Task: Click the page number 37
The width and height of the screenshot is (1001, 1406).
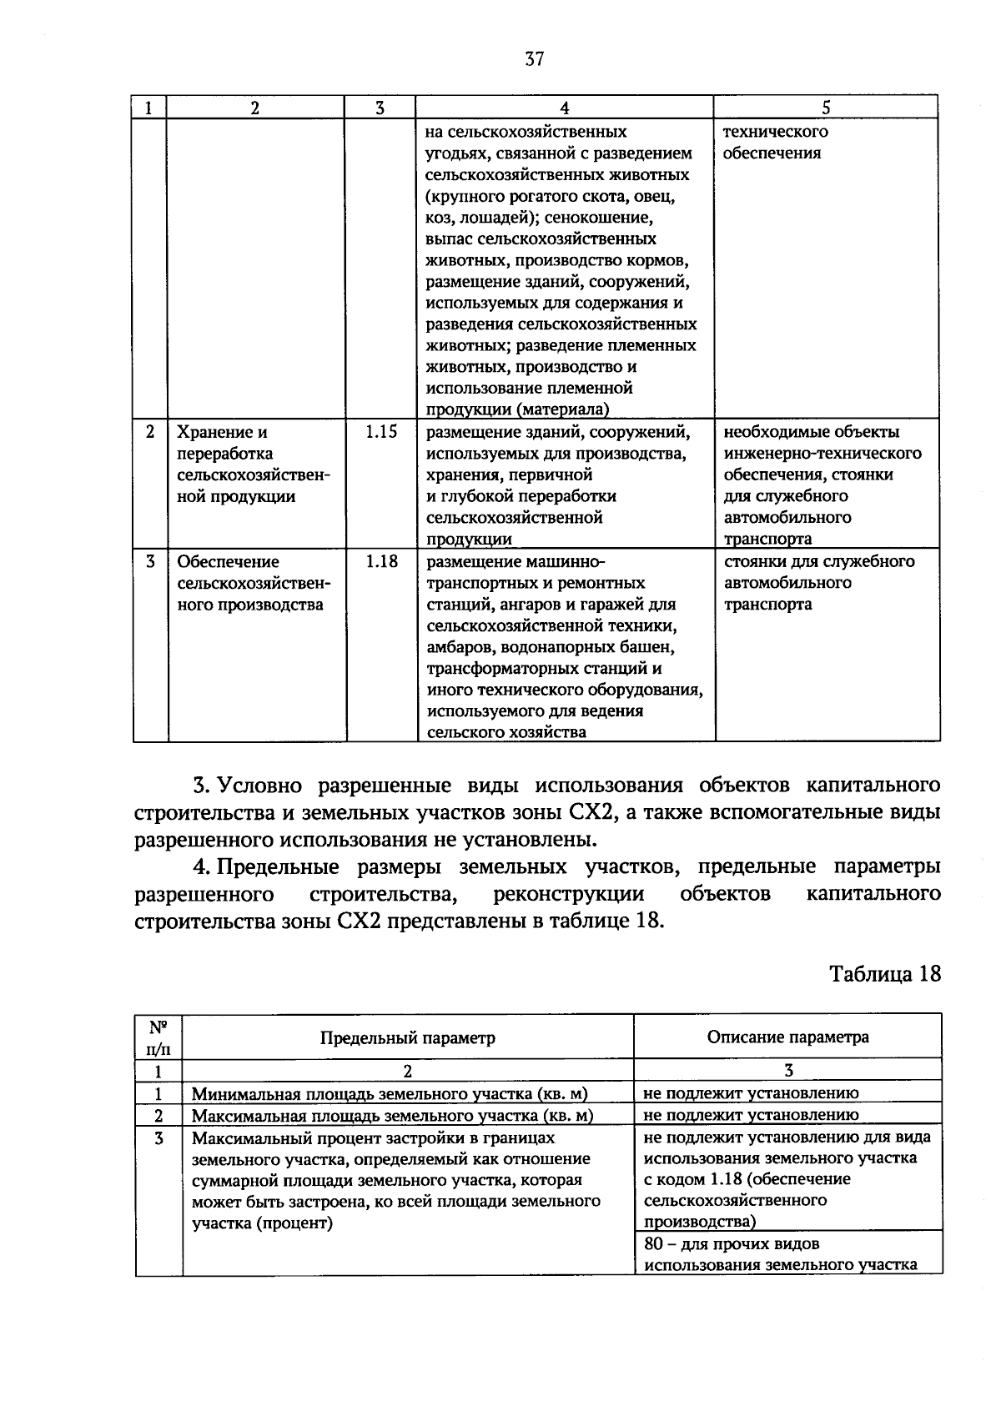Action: pos(535,58)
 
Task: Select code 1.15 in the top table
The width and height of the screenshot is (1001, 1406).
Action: pos(381,432)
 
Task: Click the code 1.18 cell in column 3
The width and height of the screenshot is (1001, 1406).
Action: pos(381,561)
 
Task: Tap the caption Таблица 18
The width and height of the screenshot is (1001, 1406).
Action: pos(885,974)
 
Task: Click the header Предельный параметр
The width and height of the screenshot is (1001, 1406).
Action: pos(407,1037)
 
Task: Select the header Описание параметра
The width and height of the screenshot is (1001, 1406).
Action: pos(787,1037)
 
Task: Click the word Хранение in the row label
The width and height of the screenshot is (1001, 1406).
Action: pos(213,432)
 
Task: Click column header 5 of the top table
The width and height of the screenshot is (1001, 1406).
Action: pos(826,108)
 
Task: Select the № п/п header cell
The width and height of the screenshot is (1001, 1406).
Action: pos(158,1037)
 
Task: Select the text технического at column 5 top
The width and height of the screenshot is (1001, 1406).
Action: pos(775,132)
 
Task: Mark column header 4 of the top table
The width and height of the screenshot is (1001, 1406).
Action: pos(565,108)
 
